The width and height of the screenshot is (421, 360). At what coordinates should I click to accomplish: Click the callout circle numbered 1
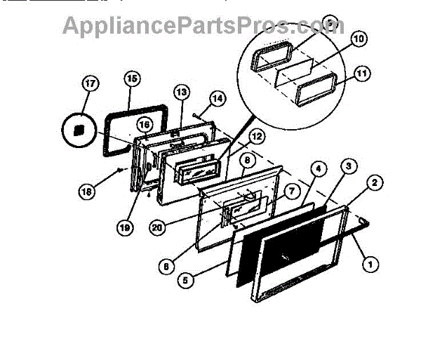pos(366,265)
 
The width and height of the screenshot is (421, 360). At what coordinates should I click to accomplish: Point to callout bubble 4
pos(318,169)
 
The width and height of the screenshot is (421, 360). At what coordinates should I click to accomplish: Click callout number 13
pos(181,91)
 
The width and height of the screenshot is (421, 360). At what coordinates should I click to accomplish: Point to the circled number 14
pos(218,99)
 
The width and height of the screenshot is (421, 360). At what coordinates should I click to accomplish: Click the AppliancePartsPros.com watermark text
pos(203,26)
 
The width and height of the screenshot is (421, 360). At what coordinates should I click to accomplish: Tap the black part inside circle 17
pos(79,130)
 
